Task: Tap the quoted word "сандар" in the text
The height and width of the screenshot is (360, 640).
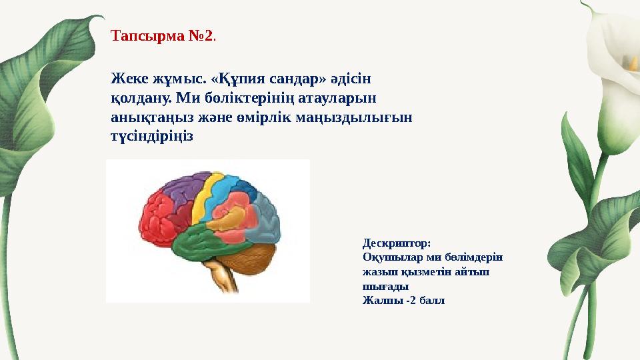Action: click(x=293, y=79)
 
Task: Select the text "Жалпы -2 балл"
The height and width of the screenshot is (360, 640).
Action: click(x=403, y=300)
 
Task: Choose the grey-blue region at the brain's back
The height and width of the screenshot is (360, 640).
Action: click(x=267, y=220)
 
